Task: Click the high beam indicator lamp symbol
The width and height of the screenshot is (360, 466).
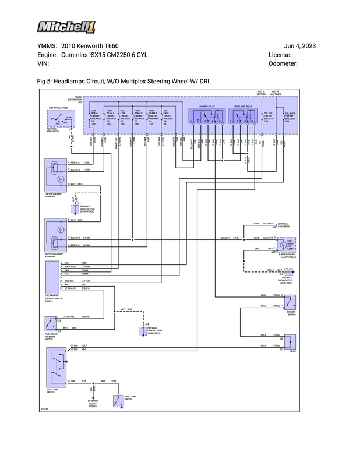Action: click(x=290, y=244)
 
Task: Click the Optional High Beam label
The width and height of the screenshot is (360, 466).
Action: click(x=284, y=225)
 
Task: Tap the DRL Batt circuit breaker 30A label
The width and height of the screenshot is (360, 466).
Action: click(x=290, y=118)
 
